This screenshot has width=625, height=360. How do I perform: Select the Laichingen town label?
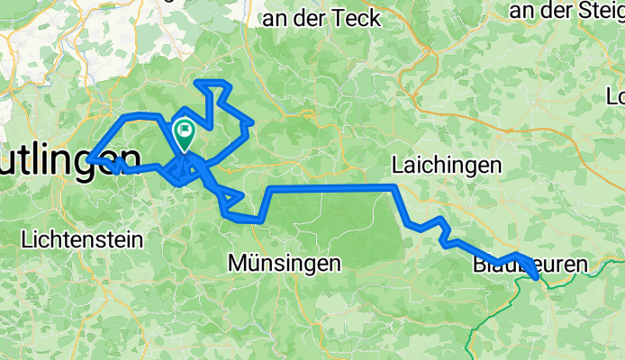[446, 165]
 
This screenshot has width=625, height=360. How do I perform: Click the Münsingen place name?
[285, 264]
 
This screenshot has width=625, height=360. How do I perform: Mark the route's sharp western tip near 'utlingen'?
[89, 159]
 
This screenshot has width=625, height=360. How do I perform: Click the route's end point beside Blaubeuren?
[538, 279]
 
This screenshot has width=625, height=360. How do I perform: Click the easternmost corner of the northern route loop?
[253, 121]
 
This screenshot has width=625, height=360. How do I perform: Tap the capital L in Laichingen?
[396, 165]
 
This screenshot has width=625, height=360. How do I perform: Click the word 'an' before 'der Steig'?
[521, 10]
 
